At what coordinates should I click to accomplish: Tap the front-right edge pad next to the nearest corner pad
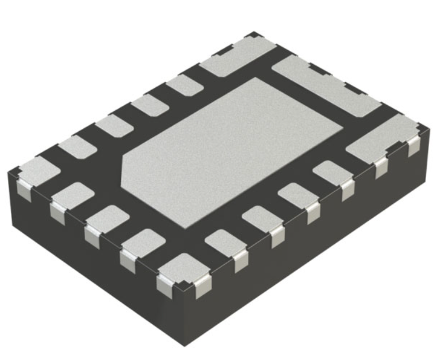click(x=223, y=243)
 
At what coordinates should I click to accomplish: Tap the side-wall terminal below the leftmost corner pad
click(x=23, y=190)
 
